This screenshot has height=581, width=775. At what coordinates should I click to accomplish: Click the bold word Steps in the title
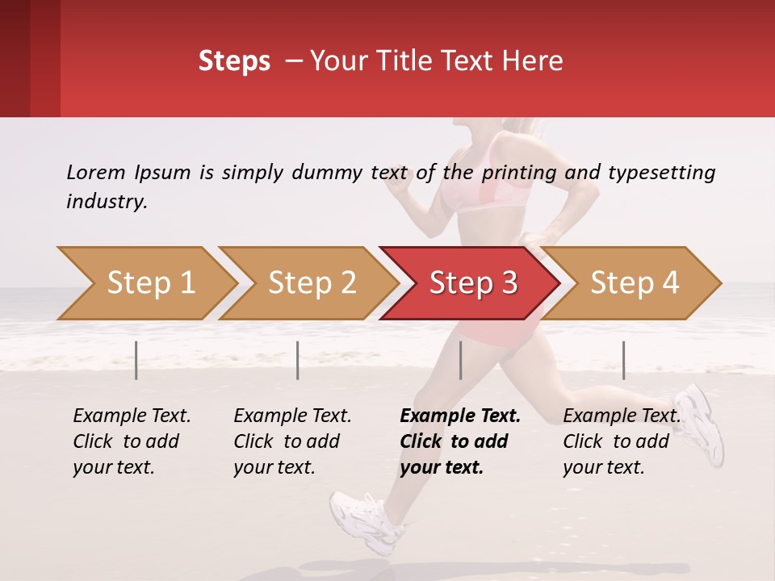[x=234, y=61]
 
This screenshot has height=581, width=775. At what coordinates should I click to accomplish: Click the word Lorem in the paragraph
[x=96, y=172]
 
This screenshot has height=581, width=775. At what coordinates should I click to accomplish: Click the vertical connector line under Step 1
[x=136, y=360]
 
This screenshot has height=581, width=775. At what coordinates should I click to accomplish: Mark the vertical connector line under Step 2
[x=298, y=360]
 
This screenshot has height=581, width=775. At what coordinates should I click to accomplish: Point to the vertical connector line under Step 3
[x=460, y=360]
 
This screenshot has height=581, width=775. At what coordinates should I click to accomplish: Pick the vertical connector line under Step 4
[x=623, y=360]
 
